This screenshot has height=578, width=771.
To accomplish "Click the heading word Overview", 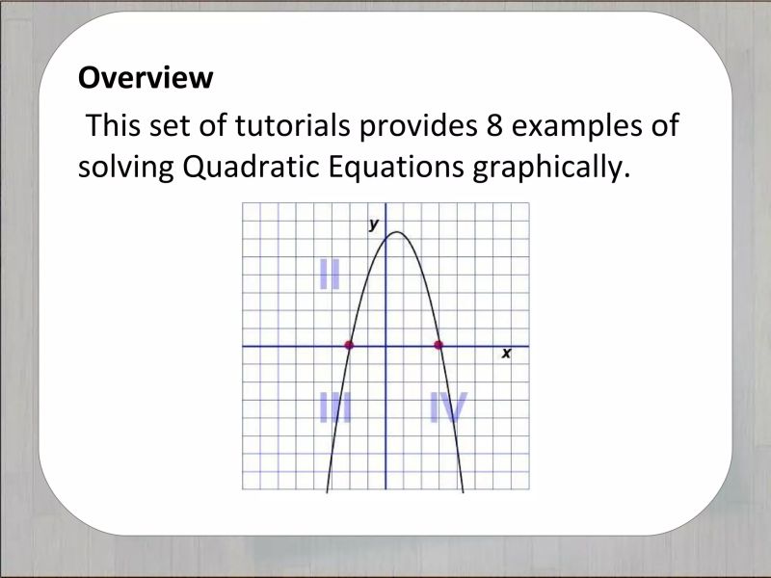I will click(x=145, y=78).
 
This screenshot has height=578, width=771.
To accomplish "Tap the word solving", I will click(x=124, y=170).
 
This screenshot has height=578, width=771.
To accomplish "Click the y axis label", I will click(x=373, y=225).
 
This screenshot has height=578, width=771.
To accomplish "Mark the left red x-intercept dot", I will click(x=349, y=345).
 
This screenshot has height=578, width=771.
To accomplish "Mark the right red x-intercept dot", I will click(x=439, y=345).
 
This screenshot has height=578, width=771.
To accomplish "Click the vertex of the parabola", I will click(x=396, y=232).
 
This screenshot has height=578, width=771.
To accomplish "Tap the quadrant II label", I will click(x=330, y=275).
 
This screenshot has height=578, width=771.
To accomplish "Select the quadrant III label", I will click(x=334, y=409).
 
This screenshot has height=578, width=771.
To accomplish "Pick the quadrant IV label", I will click(x=448, y=409).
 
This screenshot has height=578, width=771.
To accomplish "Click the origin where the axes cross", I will click(x=385, y=345).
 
